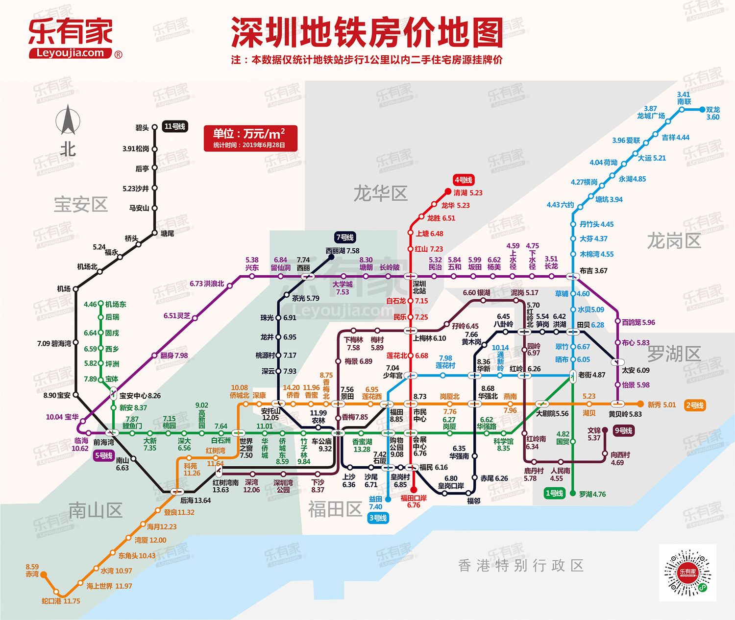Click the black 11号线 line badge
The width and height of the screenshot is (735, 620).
pos(175,126)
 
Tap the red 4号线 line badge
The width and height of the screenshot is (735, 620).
pos(463,180)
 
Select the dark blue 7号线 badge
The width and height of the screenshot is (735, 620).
pos(345,237)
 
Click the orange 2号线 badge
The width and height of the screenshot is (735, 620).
pos(695,405)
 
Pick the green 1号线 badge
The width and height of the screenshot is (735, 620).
pos(554,493)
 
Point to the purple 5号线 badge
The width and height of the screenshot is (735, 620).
pos(104,455)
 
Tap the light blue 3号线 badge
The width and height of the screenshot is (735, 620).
pos(378,518)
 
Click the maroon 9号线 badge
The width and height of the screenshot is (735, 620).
pos(623,430)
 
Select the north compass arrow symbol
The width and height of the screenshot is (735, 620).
pos(68,120)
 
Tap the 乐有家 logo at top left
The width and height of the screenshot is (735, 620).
pos(72,38)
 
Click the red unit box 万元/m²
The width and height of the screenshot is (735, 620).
pos(251,138)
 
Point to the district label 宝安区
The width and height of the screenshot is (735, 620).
pos(80,204)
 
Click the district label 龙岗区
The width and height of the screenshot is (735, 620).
pos(674,241)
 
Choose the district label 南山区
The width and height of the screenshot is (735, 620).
pos(95,510)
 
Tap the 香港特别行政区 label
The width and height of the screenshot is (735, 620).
pos(520,566)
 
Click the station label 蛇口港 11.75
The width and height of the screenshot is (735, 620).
pos(61,601)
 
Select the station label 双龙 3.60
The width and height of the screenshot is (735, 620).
pos(712,113)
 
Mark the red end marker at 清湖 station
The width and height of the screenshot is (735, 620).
pos(448,191)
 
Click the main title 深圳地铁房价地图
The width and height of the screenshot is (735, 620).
pos(367,32)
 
